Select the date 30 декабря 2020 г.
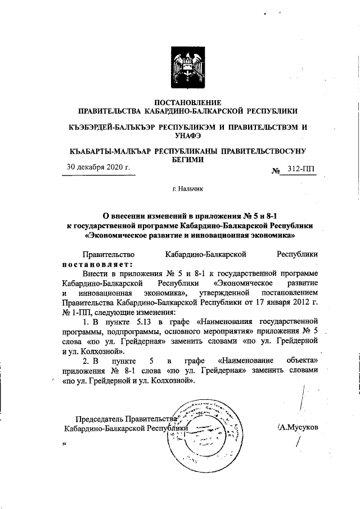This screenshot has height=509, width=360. (x=98, y=167)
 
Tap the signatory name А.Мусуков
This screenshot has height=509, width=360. (x=299, y=427)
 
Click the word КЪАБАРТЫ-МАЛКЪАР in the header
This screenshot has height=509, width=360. (x=108, y=151)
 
